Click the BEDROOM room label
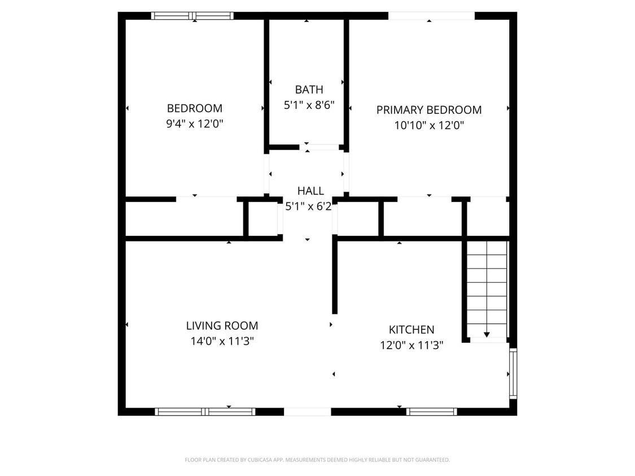[194, 108]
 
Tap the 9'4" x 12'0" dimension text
[194, 124]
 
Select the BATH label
[309, 90]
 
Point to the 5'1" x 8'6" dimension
[309, 105]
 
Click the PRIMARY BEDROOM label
[429, 110]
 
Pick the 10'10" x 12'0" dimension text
[429, 126]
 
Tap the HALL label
[310, 191]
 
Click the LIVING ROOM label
[222, 325]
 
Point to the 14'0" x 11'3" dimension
[222, 341]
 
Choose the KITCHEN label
[411, 330]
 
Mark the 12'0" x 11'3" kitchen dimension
[411, 345]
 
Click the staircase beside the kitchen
[487, 288]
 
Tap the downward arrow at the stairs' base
[487, 335]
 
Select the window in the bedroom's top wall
[192, 16]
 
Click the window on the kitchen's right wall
[513, 373]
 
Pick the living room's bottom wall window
[205, 412]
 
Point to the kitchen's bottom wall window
[431, 412]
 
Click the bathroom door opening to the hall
[307, 148]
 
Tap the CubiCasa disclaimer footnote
[317, 460]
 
